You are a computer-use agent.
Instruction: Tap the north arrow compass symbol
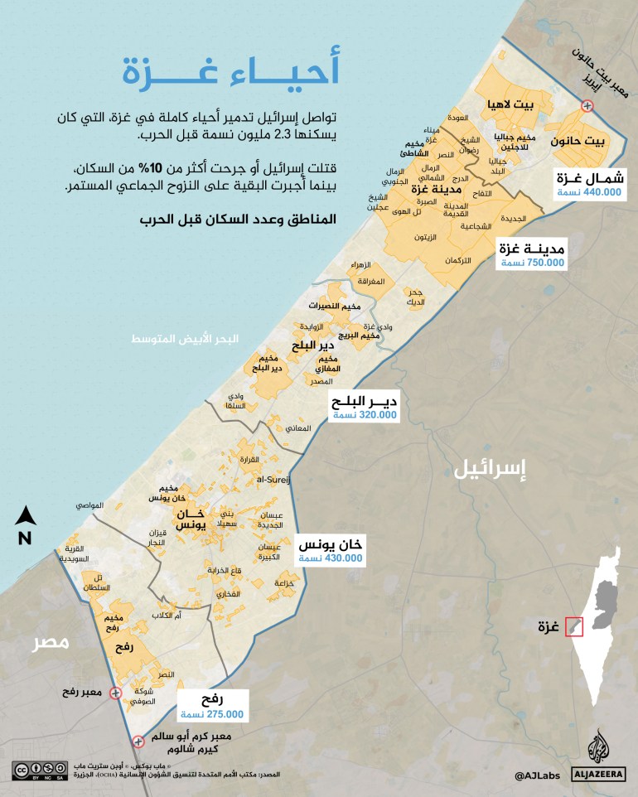(25, 518)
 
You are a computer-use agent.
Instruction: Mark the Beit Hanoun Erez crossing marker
(587, 105)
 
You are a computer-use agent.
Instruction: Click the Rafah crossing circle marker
(115, 693)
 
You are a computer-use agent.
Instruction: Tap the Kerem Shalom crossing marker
(138, 741)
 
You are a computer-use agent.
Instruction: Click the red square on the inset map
(574, 626)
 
